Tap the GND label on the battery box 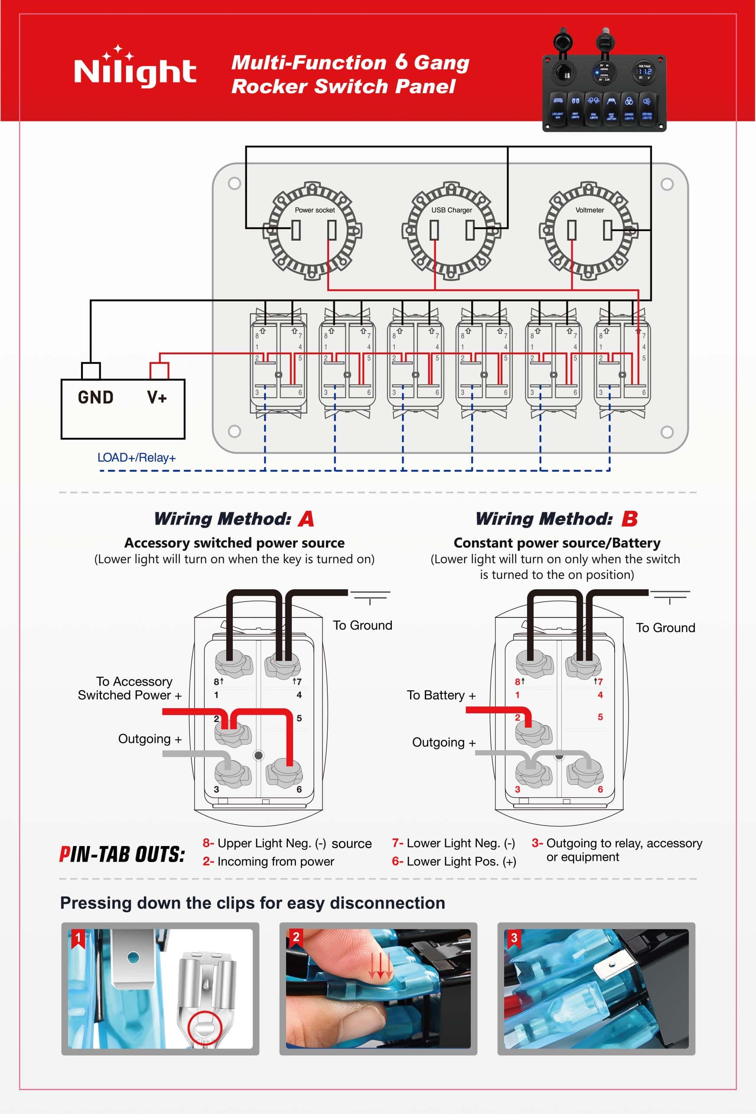pos(95,397)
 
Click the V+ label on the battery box pos(156,397)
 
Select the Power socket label pos(315,210)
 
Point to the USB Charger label pos(451,210)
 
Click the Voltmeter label pos(589,210)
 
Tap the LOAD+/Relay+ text pos(137,458)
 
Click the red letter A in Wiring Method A pos(306,519)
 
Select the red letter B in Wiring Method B pos(629,519)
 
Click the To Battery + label pos(441,695)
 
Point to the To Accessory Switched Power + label pos(130,688)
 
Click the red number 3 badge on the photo pos(514,938)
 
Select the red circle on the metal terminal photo pos(204,1028)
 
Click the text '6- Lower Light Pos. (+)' pos(454,861)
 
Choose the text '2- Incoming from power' pos(268,861)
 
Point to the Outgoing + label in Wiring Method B pos(443,742)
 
